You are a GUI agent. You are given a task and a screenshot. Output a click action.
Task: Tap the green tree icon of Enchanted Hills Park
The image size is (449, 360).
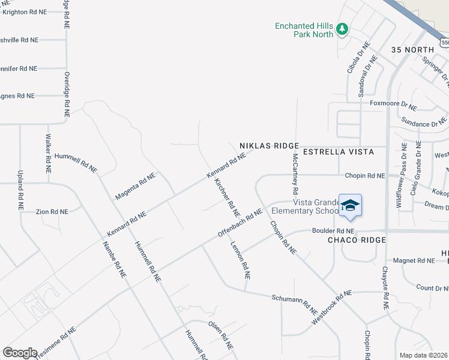[x=342, y=28]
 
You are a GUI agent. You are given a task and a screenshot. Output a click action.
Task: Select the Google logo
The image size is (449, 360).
[x=20, y=352]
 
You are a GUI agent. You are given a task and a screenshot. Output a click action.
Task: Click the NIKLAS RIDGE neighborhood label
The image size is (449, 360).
[x=269, y=146]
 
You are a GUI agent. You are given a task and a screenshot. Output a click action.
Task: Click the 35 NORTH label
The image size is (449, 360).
[x=412, y=49]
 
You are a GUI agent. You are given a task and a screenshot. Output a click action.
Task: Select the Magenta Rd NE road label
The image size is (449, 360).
[x=135, y=186]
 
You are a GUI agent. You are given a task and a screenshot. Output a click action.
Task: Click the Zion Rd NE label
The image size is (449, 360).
[x=52, y=212]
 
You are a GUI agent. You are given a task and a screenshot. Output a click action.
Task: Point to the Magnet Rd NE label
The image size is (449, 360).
[x=414, y=260]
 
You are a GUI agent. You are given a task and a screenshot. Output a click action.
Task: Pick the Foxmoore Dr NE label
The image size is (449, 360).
[x=393, y=105]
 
